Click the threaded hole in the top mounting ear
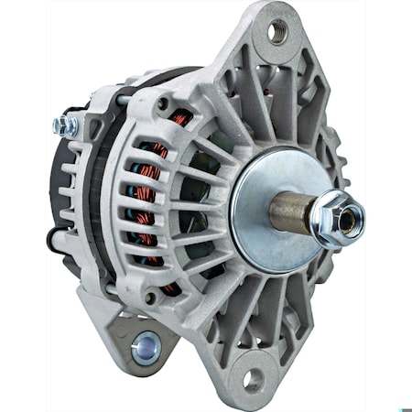pyautogui.click(x=276, y=34)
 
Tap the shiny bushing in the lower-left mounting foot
pyautogui.click(x=143, y=345)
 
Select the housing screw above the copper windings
pyautogui.click(x=162, y=104)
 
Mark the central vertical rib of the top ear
pyautogui.click(x=275, y=92)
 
